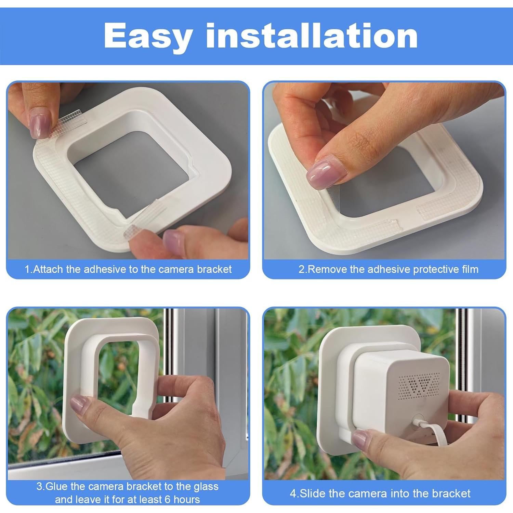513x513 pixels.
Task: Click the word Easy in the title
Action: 148,36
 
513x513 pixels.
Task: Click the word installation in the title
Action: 312,36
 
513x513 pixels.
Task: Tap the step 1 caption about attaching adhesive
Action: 128,269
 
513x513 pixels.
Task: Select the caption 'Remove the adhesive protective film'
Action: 388,269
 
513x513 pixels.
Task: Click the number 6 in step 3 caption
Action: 168,499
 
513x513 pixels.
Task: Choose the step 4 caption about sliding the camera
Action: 380,493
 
